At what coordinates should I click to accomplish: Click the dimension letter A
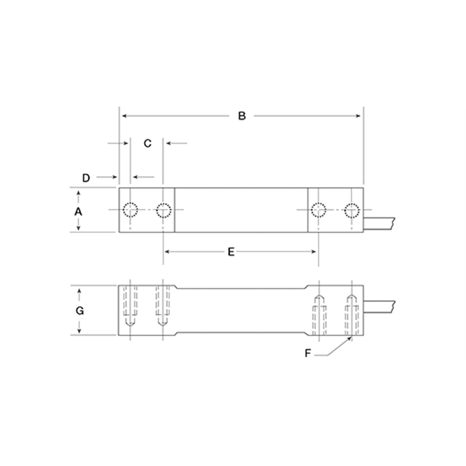coord(79,210)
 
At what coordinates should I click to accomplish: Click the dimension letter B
coord(242,116)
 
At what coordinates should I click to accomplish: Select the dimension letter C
coord(147,144)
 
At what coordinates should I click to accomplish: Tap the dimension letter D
coord(85,177)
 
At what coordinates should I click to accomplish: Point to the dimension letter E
coord(231,252)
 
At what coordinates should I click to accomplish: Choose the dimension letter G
coord(79,310)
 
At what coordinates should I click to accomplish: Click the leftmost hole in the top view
coord(131,210)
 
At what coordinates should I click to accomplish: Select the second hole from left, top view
coord(164,210)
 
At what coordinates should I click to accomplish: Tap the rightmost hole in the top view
coord(351,210)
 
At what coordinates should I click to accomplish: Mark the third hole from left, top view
coord(318,210)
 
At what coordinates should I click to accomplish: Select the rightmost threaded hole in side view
coord(351,313)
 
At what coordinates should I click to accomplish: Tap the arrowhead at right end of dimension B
coord(358,116)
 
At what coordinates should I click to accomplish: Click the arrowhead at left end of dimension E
coord(167,252)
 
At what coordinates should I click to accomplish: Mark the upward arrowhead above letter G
coord(79,290)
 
